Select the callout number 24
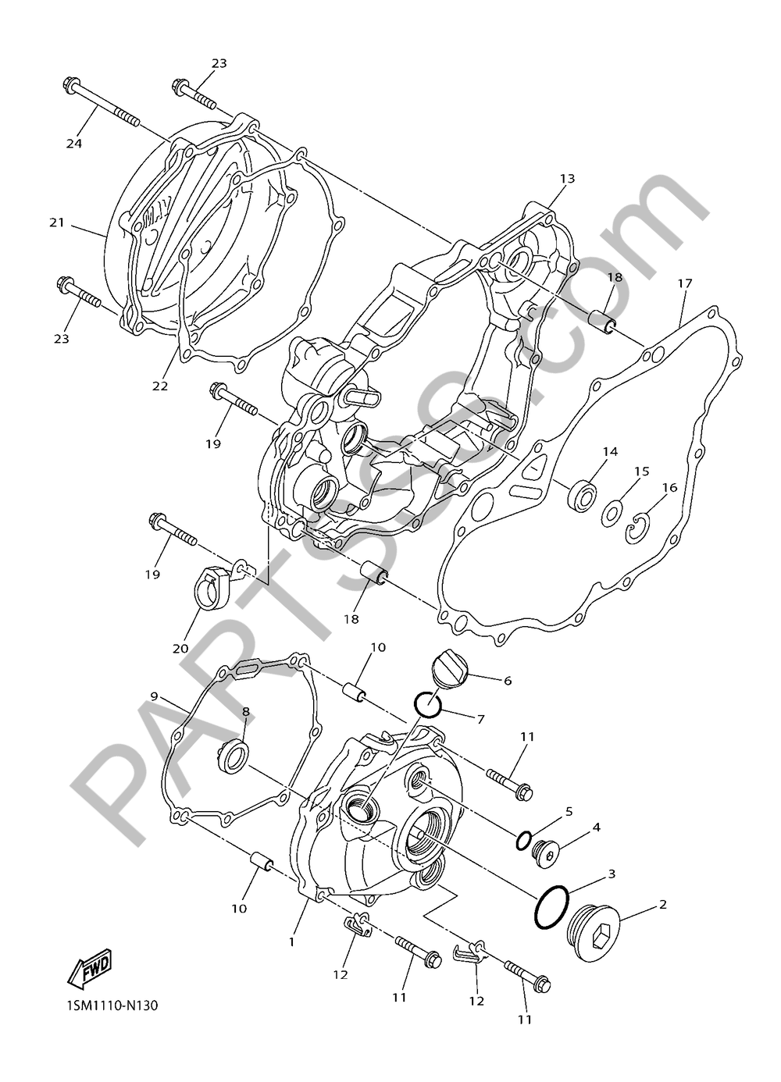click(x=74, y=144)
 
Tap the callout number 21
click(x=56, y=222)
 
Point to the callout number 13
click(x=566, y=179)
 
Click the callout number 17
click(x=684, y=284)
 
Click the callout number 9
click(x=155, y=695)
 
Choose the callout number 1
click(x=291, y=942)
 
